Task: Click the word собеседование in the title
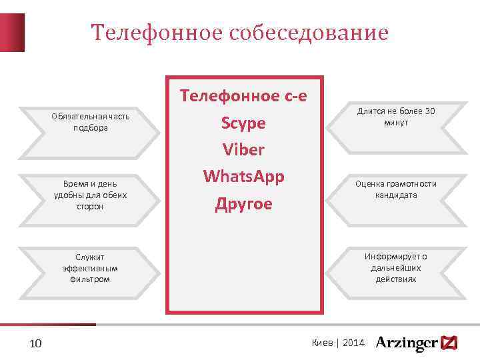tap(309, 33)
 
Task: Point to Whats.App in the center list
tap(244, 177)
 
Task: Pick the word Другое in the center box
tap(244, 204)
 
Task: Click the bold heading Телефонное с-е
tap(244, 97)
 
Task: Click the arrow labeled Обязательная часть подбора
tap(90, 122)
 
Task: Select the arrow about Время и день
tap(90, 195)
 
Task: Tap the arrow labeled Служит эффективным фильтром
tap(90, 268)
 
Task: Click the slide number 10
tap(36, 343)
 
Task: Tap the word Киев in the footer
tap(322, 343)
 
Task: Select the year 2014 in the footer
tap(353, 343)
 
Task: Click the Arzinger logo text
tap(406, 343)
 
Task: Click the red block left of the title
tap(12, 32)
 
